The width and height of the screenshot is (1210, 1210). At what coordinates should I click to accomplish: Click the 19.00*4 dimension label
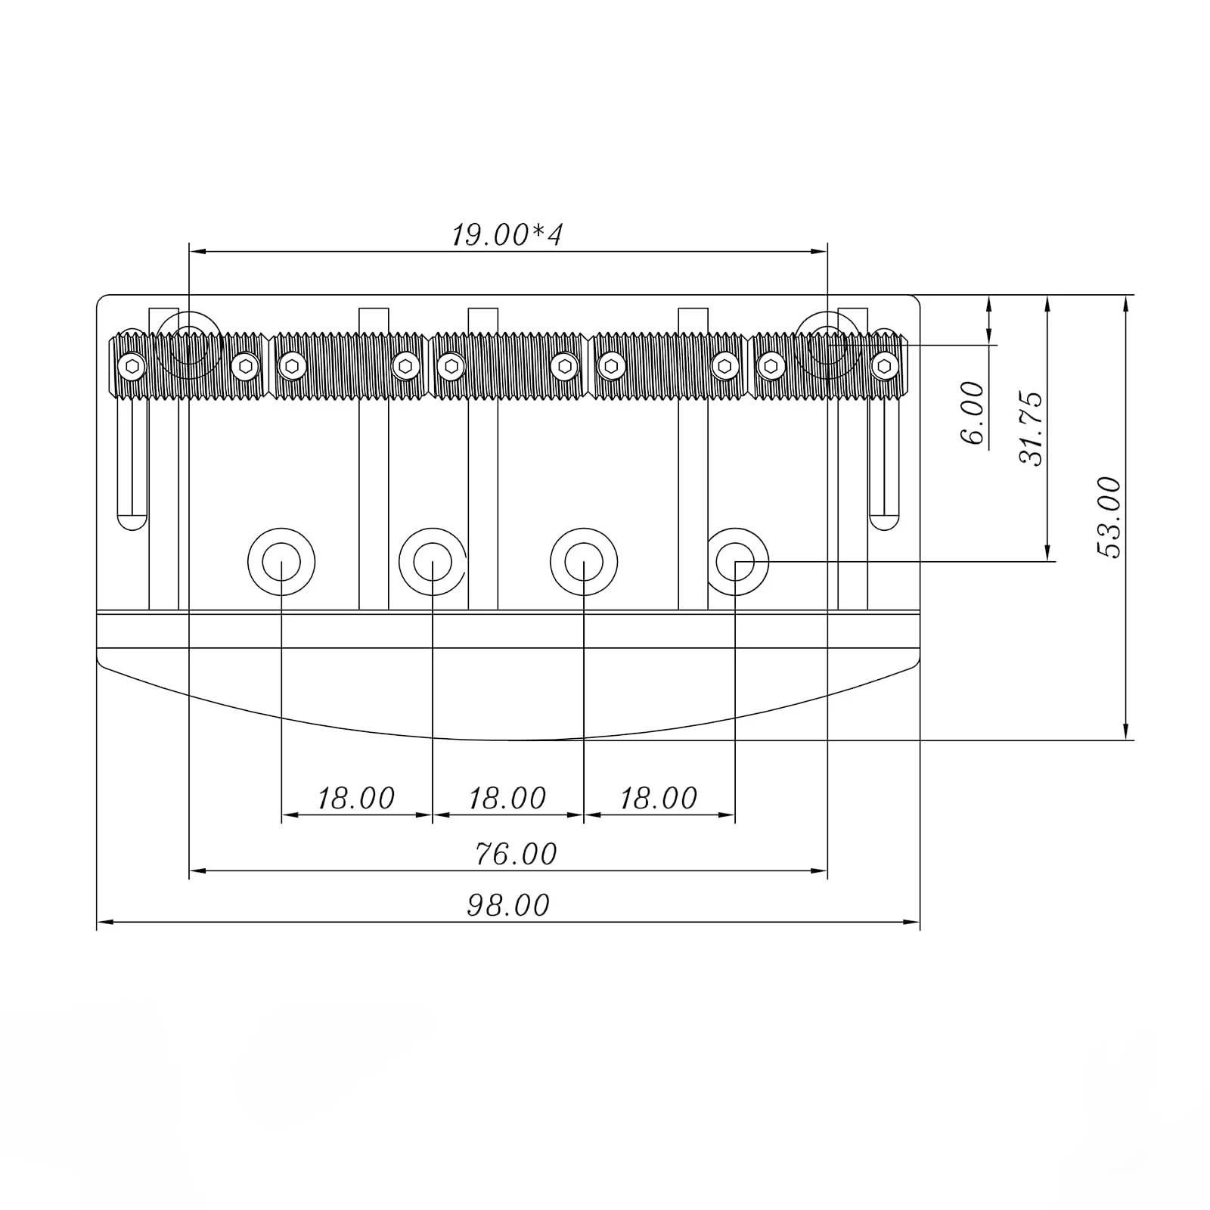(x=507, y=235)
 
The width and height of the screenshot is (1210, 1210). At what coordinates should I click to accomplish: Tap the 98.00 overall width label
(x=508, y=905)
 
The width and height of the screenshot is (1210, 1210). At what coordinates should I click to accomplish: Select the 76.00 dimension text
(x=516, y=855)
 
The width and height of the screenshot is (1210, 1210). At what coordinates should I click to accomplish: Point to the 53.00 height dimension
(x=1109, y=517)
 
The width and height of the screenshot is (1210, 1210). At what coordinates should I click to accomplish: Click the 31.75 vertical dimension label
(x=1031, y=428)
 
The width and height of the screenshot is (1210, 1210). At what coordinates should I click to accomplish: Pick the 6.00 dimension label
(x=973, y=413)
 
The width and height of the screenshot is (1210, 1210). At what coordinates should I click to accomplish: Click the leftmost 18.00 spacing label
(x=355, y=799)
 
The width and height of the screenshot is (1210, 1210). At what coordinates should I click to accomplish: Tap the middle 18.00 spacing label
(x=507, y=799)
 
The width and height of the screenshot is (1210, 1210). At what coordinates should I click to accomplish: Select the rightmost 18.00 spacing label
(x=658, y=799)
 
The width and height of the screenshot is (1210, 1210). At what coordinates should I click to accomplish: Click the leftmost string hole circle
(x=281, y=562)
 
